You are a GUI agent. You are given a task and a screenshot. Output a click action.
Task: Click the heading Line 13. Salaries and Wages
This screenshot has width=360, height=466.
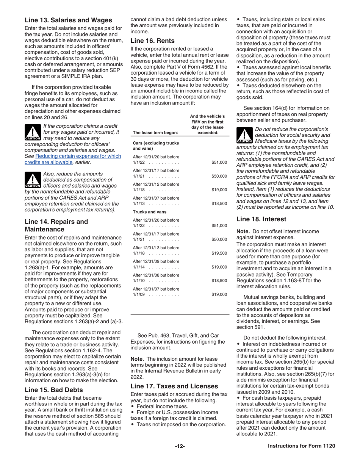pyautogui.click(x=68, y=20)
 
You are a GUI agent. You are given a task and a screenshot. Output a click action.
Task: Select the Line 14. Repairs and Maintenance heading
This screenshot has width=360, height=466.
pyautogui.click(x=56, y=225)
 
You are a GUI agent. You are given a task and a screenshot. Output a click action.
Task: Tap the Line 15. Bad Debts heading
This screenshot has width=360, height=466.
pyautogui.click(x=53, y=389)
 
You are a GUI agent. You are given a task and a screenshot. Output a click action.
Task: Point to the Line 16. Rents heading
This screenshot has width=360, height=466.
pyautogui.click(x=152, y=41)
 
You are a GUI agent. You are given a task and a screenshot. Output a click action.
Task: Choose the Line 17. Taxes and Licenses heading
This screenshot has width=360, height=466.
pyautogui.click(x=174, y=386)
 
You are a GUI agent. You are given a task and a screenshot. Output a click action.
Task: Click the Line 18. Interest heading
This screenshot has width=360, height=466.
pyautogui.click(x=261, y=219)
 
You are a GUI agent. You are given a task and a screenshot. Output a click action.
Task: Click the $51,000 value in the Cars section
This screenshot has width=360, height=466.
pyautogui.click(x=219, y=163)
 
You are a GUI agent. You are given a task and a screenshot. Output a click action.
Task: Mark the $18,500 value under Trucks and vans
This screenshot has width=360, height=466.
pyautogui.click(x=219, y=281)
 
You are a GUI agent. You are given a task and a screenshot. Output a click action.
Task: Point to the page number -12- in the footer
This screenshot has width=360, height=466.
pyautogui.click(x=180, y=446)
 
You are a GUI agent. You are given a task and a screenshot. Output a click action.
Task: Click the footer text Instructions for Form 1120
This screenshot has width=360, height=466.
pyautogui.click(x=301, y=446)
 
